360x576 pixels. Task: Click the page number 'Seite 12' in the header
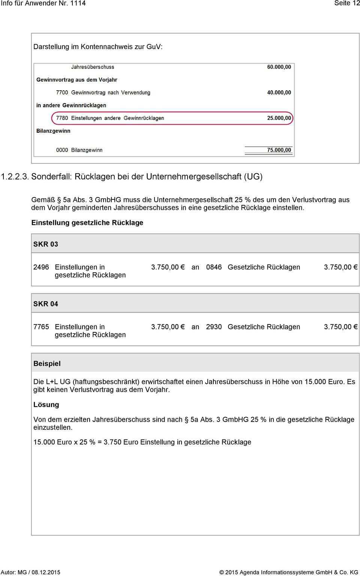click(x=347, y=3)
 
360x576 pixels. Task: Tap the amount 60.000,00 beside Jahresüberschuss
click(x=279, y=67)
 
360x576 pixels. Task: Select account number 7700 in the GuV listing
click(x=62, y=93)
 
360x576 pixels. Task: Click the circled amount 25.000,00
click(x=279, y=118)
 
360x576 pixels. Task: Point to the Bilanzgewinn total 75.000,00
click(x=279, y=150)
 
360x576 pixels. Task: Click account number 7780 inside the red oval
click(x=62, y=118)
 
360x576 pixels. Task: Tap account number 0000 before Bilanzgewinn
click(x=62, y=150)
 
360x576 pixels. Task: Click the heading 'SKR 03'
click(x=46, y=244)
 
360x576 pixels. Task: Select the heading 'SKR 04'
click(x=46, y=304)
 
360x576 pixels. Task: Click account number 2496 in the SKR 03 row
click(x=41, y=267)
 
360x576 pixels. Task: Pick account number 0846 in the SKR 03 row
click(x=214, y=267)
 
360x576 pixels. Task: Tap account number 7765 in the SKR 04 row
click(x=41, y=327)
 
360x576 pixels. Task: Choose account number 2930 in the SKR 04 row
click(x=214, y=327)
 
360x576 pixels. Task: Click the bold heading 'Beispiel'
click(x=47, y=364)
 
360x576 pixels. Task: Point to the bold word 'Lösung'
click(x=46, y=405)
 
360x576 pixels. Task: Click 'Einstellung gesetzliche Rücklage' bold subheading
click(x=87, y=223)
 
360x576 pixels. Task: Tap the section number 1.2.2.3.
click(x=15, y=177)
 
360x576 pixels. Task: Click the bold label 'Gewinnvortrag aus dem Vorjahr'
click(x=77, y=80)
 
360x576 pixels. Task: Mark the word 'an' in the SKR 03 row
click(x=195, y=267)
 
